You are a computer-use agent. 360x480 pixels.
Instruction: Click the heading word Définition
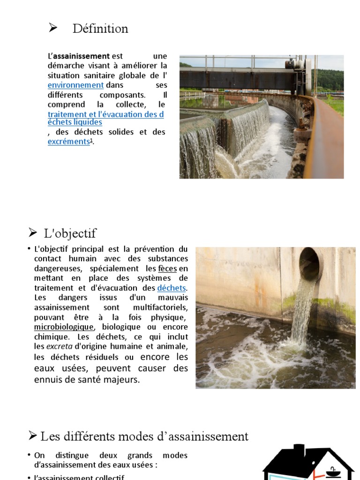tap(100, 29)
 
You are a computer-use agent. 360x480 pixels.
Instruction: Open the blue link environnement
tap(75, 85)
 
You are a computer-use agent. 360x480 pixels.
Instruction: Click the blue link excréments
tap(68, 141)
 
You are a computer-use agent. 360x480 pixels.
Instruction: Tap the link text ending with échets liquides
tap(75, 122)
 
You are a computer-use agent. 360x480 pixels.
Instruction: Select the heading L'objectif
tap(70, 233)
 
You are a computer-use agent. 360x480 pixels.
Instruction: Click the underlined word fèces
tap(167, 269)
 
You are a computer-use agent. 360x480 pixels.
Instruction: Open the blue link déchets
tap(172, 288)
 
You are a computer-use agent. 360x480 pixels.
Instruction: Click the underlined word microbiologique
tap(64, 327)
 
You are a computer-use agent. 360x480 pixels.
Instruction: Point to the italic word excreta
tap(59, 346)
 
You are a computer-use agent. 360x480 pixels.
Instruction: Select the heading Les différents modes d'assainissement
tap(144, 436)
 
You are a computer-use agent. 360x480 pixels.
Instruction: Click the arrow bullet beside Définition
tap(52, 29)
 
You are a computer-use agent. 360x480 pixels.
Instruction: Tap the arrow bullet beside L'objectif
tap(32, 232)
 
